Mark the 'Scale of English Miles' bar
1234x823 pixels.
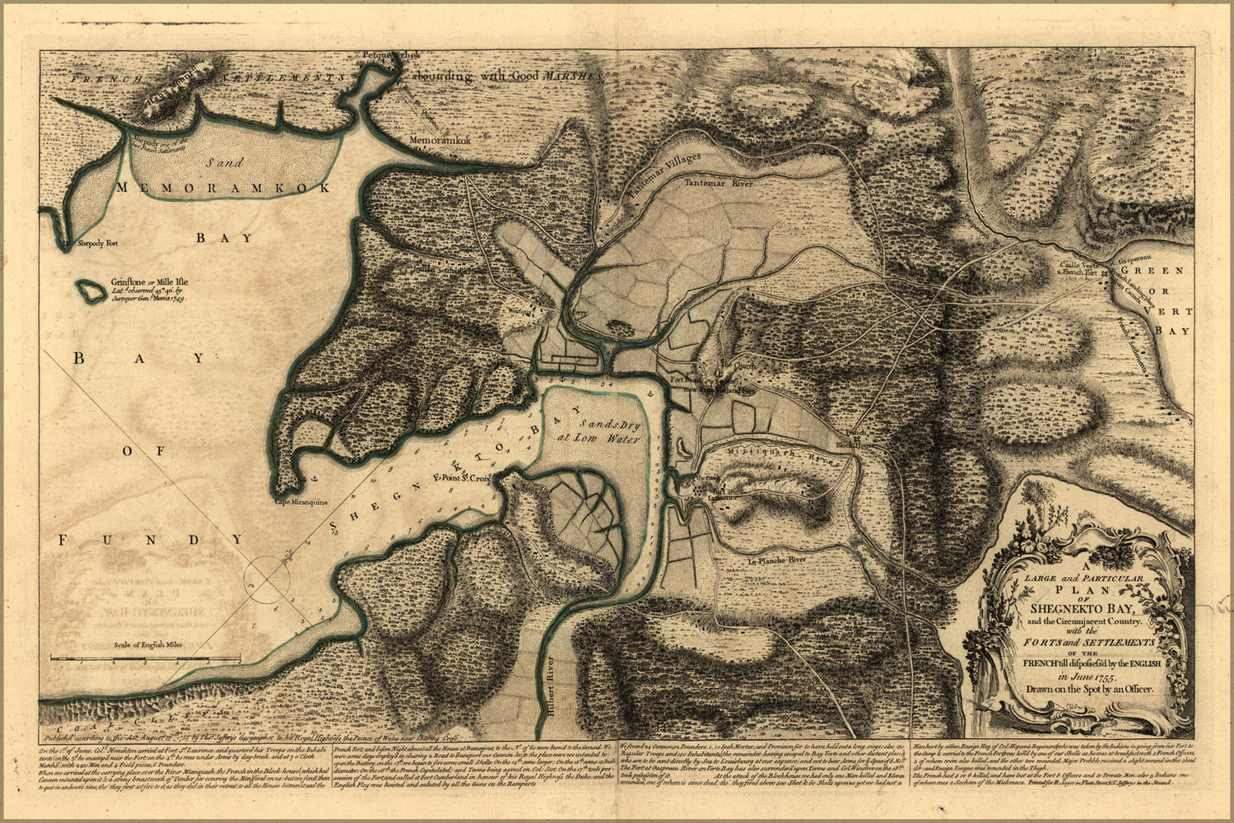coord(144,657)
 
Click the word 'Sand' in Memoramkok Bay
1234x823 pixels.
coord(224,163)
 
